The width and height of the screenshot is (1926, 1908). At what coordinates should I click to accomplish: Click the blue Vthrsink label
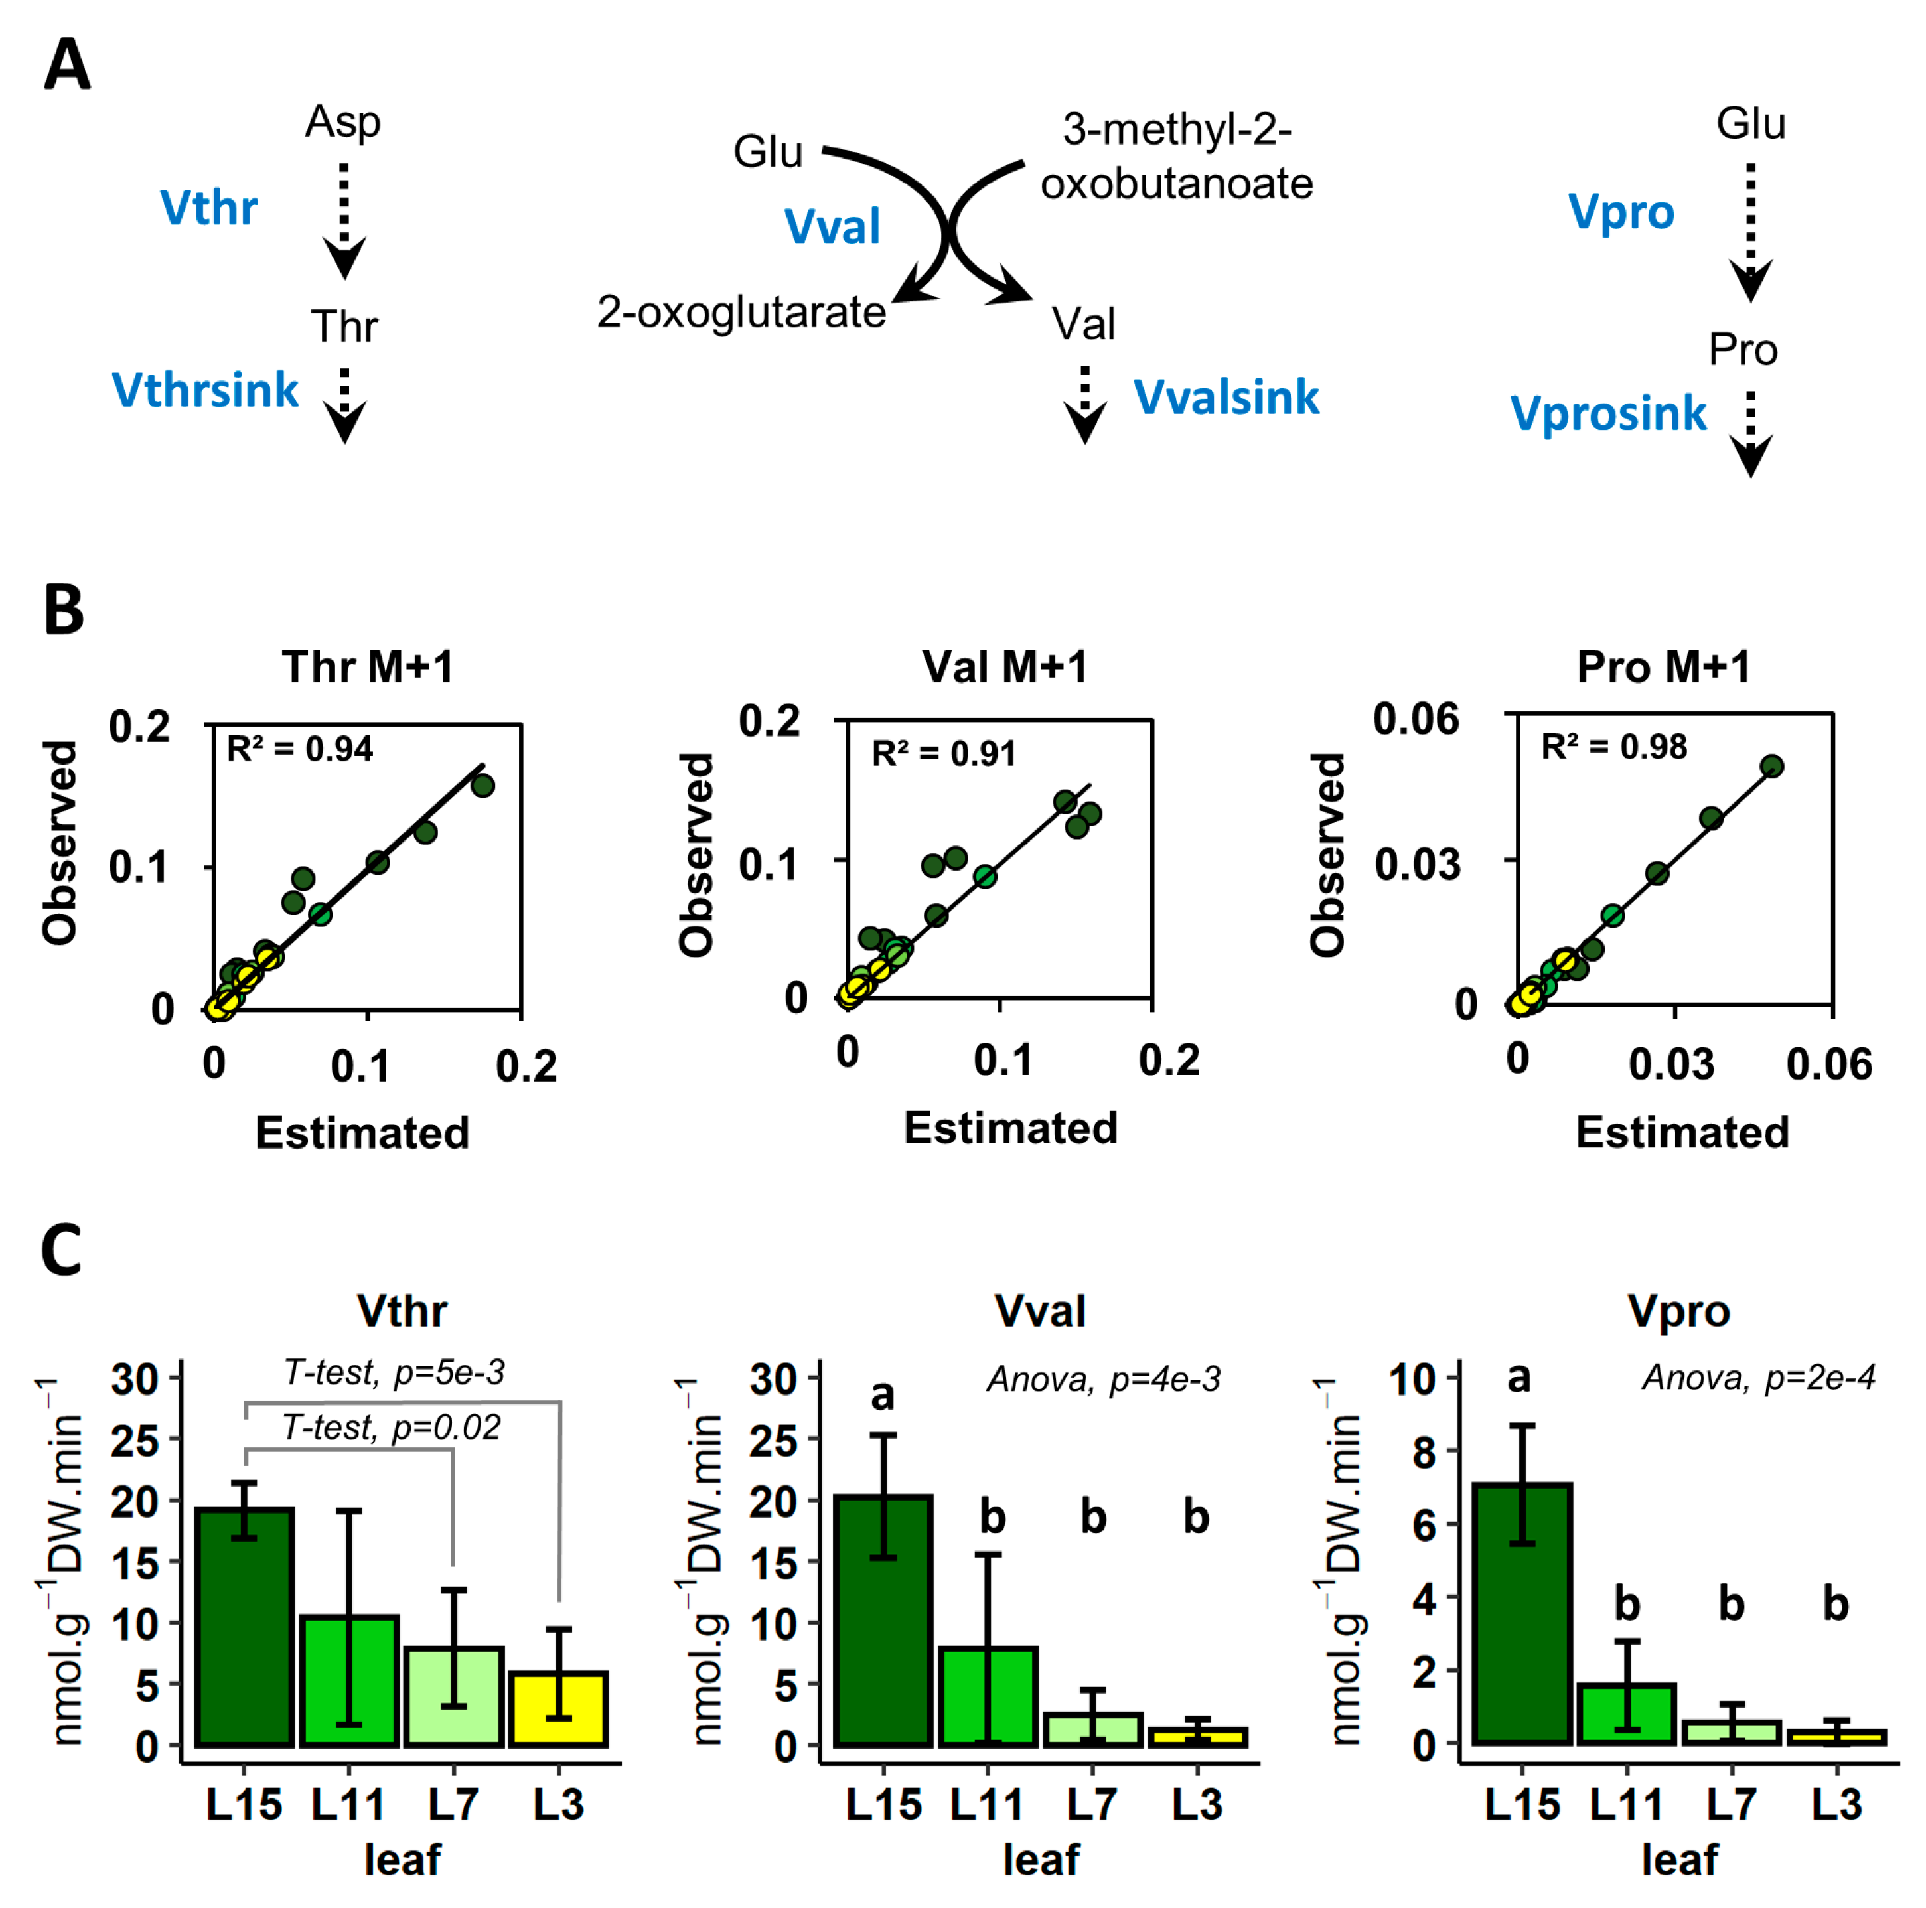205,390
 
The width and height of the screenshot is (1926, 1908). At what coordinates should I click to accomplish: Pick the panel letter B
64,610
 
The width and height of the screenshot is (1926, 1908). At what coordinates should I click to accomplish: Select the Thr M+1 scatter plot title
367,667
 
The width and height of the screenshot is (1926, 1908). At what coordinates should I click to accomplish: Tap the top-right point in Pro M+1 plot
1771,766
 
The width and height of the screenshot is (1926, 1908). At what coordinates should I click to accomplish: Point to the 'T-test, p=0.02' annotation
391,1428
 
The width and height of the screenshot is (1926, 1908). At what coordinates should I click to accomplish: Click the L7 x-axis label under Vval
1092,1804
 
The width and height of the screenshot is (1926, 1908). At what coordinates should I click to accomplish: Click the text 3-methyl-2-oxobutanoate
1176,157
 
